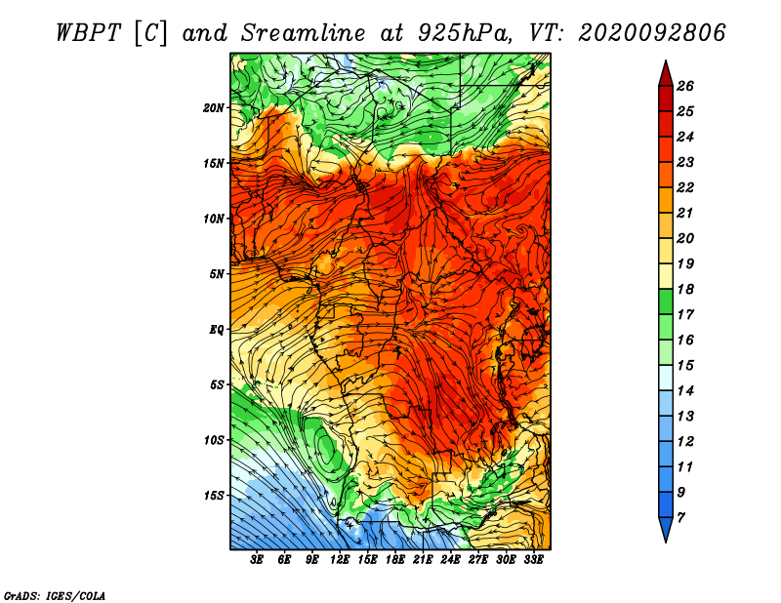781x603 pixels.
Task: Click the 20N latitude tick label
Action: (214, 108)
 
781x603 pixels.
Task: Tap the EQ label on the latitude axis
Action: (217, 330)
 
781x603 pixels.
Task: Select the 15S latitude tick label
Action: (214, 496)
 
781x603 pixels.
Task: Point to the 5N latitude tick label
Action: (217, 274)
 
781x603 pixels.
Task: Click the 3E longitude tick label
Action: (257, 560)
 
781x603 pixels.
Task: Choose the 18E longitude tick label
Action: (395, 560)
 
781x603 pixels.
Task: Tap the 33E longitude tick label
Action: (533, 560)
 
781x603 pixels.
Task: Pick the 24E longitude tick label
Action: (450, 560)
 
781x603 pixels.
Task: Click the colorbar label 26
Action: (685, 87)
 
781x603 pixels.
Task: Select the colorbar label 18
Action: (685, 290)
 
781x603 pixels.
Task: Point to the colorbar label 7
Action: (680, 518)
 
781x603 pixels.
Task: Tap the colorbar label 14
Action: (685, 391)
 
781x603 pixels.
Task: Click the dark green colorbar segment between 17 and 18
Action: (666, 301)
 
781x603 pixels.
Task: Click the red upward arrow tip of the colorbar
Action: (666, 60)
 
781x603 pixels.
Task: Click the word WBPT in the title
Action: (88, 33)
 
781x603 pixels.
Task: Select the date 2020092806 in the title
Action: (651, 33)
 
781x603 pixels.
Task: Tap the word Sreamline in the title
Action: (304, 33)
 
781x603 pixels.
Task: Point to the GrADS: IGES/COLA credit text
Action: (55, 596)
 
